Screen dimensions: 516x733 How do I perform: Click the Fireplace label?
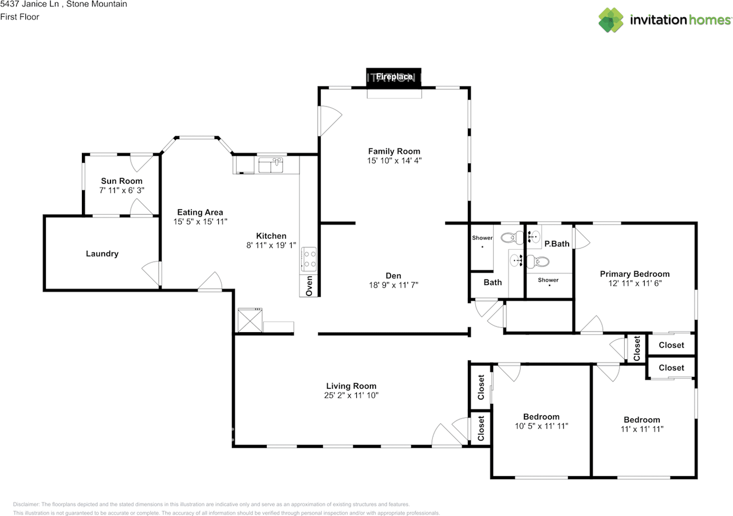(x=394, y=76)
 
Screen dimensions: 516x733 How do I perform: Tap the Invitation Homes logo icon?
(x=611, y=20)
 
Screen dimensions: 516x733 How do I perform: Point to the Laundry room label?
(x=102, y=254)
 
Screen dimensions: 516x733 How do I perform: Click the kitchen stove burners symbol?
(x=309, y=258)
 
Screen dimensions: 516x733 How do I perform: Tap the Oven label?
(x=309, y=285)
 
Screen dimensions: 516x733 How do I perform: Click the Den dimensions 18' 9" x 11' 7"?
(x=393, y=285)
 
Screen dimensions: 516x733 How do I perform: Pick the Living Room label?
(x=351, y=386)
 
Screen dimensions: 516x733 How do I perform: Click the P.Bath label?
(x=557, y=244)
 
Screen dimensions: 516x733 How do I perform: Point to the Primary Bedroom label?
(x=635, y=274)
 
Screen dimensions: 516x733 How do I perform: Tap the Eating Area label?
(x=200, y=212)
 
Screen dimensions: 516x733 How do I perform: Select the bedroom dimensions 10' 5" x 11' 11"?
(x=541, y=426)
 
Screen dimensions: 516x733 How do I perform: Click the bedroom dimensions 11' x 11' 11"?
(x=641, y=429)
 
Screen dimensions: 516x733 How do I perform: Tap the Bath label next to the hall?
(x=492, y=282)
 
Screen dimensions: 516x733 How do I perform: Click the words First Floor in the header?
(x=20, y=17)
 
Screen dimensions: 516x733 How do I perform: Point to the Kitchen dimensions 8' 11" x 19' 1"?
(x=271, y=245)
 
